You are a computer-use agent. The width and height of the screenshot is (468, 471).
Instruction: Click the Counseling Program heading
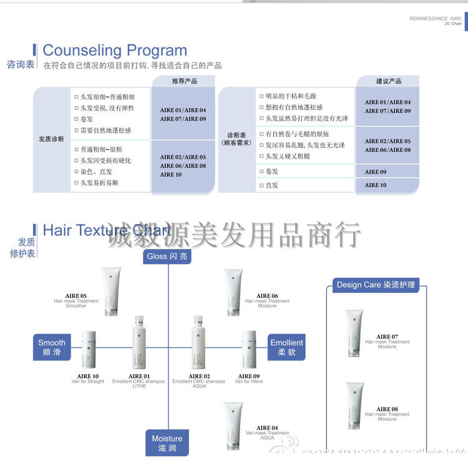tap(115, 51)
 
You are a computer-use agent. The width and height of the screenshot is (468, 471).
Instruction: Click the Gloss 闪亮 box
tap(167, 256)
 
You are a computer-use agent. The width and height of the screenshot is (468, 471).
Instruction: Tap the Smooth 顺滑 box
tap(52, 347)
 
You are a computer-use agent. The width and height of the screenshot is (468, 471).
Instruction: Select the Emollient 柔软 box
tap(286, 347)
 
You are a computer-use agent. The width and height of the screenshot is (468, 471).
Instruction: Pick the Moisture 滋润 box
tap(167, 443)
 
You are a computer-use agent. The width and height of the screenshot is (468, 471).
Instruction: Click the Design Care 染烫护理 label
tap(376, 285)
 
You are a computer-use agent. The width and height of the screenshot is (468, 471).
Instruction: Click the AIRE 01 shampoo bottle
tap(139, 343)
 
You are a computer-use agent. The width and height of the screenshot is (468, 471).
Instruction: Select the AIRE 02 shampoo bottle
tap(198, 343)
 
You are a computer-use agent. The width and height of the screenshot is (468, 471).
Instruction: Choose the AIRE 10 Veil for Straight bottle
tap(89, 352)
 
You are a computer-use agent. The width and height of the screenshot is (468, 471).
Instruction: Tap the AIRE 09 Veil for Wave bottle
tap(248, 352)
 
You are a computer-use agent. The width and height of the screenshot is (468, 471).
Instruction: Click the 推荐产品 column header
tap(185, 81)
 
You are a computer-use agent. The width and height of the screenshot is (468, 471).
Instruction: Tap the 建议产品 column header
tap(388, 81)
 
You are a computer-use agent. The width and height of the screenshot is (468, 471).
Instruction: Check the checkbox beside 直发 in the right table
tap(261, 186)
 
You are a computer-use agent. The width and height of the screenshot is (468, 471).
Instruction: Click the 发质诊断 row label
tap(52, 139)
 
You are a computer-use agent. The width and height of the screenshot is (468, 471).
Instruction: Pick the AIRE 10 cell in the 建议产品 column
tap(376, 186)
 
